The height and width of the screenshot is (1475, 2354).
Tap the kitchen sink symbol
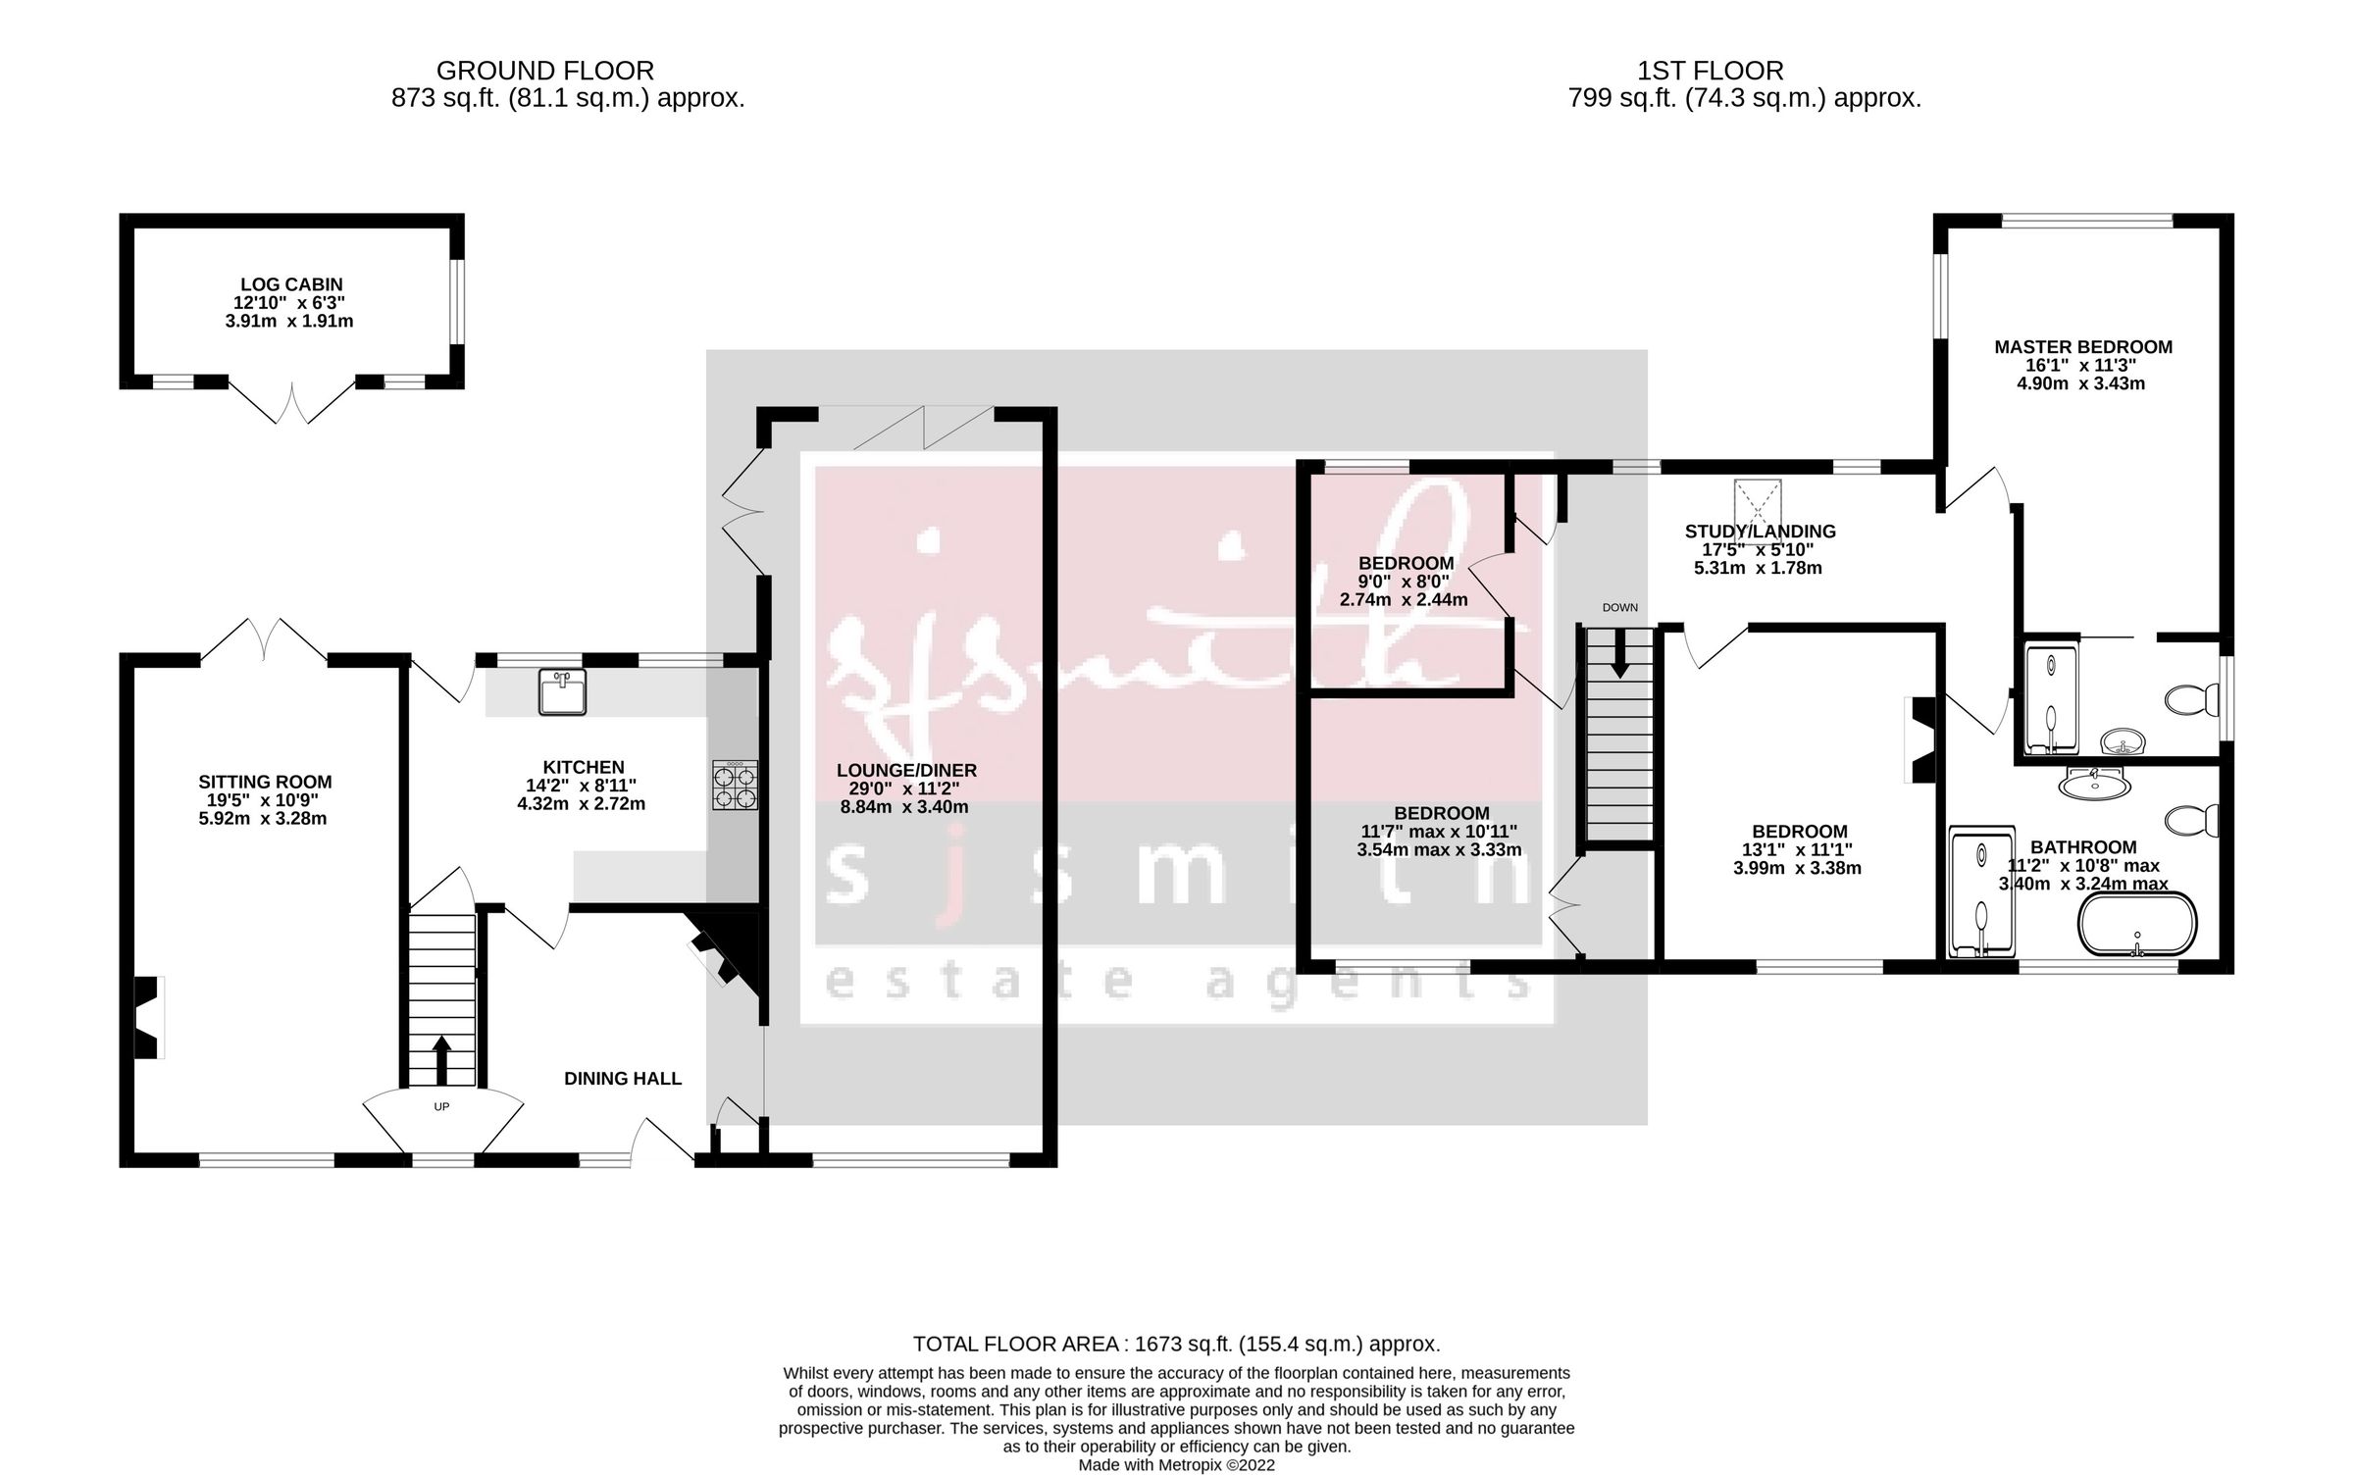[x=562, y=691]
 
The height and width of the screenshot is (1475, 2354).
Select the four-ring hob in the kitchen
[x=735, y=786]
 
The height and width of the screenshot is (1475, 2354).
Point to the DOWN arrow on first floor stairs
[x=1618, y=653]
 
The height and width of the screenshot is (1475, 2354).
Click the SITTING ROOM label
[x=265, y=782]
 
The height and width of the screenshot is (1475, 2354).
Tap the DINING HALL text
[x=622, y=1079]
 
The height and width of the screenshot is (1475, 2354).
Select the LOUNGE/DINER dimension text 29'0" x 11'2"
[x=904, y=788]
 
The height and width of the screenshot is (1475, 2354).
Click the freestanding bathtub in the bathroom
[x=2137, y=924]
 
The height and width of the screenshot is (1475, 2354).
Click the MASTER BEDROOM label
[x=2083, y=347]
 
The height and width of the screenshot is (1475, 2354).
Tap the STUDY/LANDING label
[x=1760, y=532]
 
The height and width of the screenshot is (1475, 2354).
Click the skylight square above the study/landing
[x=1758, y=503]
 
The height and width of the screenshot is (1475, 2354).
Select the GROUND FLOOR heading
[x=544, y=71]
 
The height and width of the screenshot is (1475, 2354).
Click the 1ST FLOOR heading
[x=1710, y=71]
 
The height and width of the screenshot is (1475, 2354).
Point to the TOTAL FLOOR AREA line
[x=1176, y=1344]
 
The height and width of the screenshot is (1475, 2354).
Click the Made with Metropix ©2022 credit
[x=1176, y=1465]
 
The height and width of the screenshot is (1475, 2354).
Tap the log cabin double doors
[x=291, y=404]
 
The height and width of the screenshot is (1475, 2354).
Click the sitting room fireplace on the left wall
[x=146, y=1017]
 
